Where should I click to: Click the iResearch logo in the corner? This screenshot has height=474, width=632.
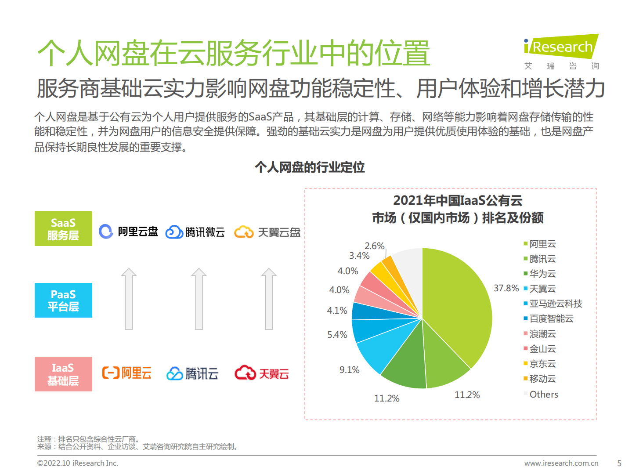click(561, 51)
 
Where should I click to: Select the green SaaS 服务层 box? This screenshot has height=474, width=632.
click(63, 229)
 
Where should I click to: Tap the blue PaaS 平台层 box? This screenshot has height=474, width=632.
click(63, 300)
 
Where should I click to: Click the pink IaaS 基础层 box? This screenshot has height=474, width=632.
click(63, 374)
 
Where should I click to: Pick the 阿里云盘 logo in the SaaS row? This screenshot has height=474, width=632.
click(128, 232)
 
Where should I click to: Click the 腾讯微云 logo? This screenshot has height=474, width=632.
click(195, 232)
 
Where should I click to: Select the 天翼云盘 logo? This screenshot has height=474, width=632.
click(267, 232)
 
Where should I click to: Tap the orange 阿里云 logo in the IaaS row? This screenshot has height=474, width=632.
click(127, 373)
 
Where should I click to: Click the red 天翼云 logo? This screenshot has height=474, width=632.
click(262, 373)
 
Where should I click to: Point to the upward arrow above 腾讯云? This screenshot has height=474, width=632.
click(199, 299)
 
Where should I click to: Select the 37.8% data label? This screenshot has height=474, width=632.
click(506, 288)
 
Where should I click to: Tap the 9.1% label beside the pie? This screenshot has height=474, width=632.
click(349, 370)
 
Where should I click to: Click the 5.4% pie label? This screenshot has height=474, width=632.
click(337, 335)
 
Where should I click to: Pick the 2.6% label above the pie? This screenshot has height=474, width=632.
click(374, 246)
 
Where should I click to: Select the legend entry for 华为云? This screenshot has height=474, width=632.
click(542, 274)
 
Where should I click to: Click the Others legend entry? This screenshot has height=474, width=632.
click(543, 394)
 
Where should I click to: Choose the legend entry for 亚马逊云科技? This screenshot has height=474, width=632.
click(555, 304)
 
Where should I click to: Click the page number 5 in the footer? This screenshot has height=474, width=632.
click(619, 463)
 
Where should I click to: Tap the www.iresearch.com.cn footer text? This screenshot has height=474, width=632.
click(561, 463)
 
